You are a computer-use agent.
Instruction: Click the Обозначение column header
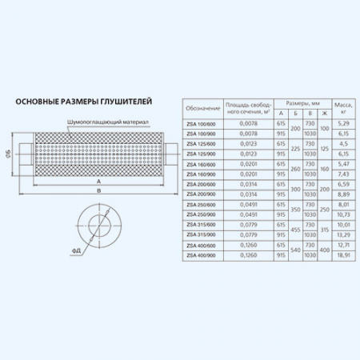(202, 108)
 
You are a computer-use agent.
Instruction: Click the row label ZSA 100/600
(202, 123)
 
